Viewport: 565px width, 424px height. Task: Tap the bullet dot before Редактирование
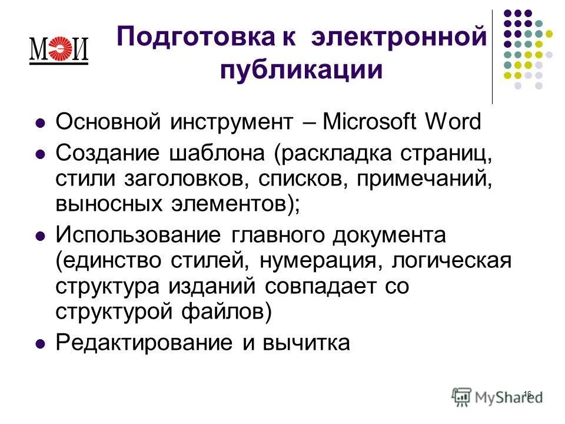pyautogui.click(x=41, y=343)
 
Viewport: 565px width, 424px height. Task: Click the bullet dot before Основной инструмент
pyautogui.click(x=41, y=124)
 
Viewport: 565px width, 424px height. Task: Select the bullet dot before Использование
pyautogui.click(x=41, y=236)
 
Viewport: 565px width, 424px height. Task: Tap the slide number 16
pyautogui.click(x=527, y=393)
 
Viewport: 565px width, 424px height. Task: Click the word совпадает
pyautogui.click(x=341, y=287)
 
